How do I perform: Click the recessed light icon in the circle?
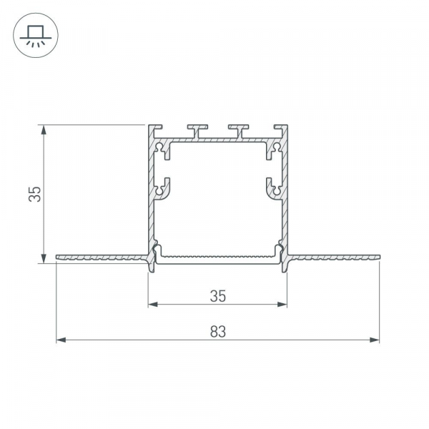pyautogui.click(x=36, y=35)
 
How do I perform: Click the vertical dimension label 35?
pyautogui.click(x=35, y=194)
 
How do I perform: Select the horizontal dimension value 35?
pyautogui.click(x=218, y=296)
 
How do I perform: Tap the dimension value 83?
pyautogui.click(x=218, y=331)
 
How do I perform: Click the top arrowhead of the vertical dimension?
pyautogui.click(x=44, y=130)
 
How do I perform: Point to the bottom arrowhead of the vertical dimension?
pyautogui.click(x=44, y=258)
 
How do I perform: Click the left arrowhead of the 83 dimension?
pyautogui.click(x=61, y=340)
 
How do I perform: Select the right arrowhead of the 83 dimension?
pyautogui.click(x=374, y=340)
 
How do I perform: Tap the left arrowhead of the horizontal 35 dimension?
pyautogui.click(x=153, y=305)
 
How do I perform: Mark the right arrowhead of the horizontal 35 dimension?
pyautogui.click(x=282, y=305)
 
